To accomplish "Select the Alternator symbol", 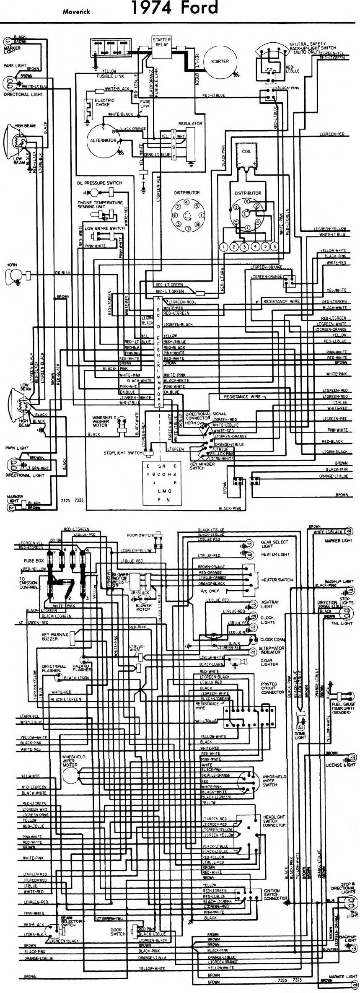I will (104, 140).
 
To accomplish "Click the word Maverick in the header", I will (74, 12).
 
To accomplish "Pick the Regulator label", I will (190, 124).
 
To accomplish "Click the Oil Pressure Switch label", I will (99, 183).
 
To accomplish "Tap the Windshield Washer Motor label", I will (101, 422).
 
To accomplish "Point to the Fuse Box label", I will (31, 560).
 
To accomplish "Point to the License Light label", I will (340, 765).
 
